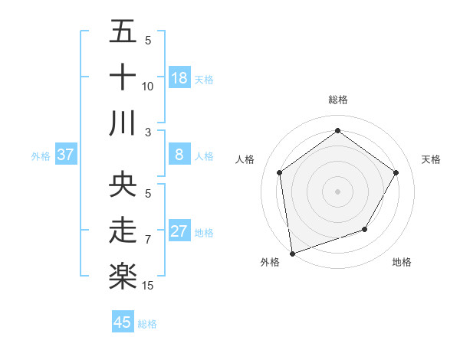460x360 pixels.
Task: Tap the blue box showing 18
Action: coord(179,78)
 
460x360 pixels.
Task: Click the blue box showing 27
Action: coord(179,231)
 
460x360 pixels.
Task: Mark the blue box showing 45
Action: coord(123,322)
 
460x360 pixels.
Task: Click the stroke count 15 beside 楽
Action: coord(149,286)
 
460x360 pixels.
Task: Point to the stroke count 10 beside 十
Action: coord(148,87)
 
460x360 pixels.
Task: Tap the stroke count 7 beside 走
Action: coord(148,240)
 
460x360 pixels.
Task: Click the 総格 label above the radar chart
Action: coord(338,100)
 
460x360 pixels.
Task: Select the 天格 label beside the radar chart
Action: coord(432,159)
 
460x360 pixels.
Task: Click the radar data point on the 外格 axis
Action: coord(292,253)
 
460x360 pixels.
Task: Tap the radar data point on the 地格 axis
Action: coord(365,229)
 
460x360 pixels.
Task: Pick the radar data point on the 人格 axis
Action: coord(280,172)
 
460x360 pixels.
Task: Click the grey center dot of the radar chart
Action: coord(338,191)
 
